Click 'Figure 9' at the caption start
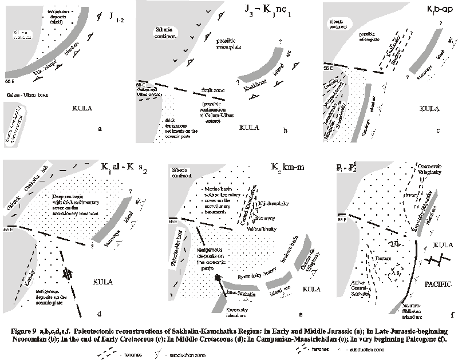21,330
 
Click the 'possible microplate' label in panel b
236,46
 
